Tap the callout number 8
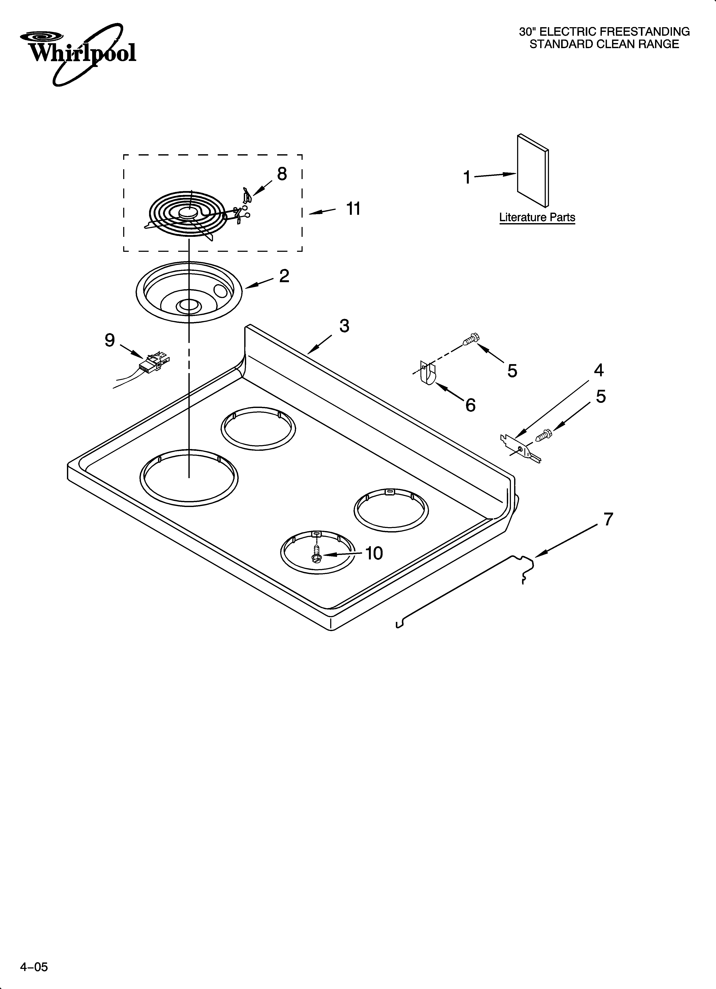282,174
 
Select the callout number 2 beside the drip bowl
284,276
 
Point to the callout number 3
344,326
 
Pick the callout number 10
374,553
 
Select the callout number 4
599,370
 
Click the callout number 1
467,178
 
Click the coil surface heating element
188,214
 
